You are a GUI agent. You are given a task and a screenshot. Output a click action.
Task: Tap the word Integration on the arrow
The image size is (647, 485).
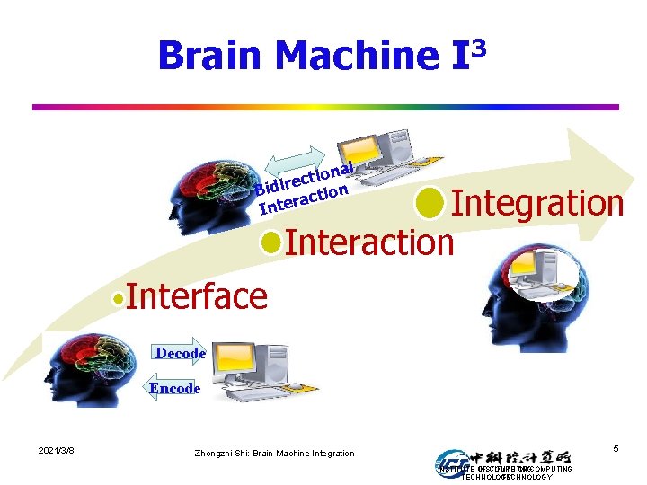click(536, 203)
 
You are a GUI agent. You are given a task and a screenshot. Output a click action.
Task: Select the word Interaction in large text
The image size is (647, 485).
click(369, 242)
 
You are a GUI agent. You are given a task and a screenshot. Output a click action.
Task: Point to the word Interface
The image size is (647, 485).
click(197, 295)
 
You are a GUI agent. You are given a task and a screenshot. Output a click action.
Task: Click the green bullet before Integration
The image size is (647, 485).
click(430, 203)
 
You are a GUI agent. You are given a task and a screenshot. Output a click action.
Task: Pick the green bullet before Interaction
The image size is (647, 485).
click(270, 242)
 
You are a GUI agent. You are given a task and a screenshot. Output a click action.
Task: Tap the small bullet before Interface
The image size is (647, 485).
click(119, 297)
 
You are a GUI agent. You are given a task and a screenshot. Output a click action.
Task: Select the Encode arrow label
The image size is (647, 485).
click(173, 388)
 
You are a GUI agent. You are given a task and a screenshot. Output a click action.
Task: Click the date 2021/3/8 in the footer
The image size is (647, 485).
click(56, 449)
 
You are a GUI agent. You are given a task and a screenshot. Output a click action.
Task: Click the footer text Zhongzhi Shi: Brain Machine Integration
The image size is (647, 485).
click(274, 454)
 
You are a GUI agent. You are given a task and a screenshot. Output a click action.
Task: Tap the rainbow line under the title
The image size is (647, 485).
click(325, 107)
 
